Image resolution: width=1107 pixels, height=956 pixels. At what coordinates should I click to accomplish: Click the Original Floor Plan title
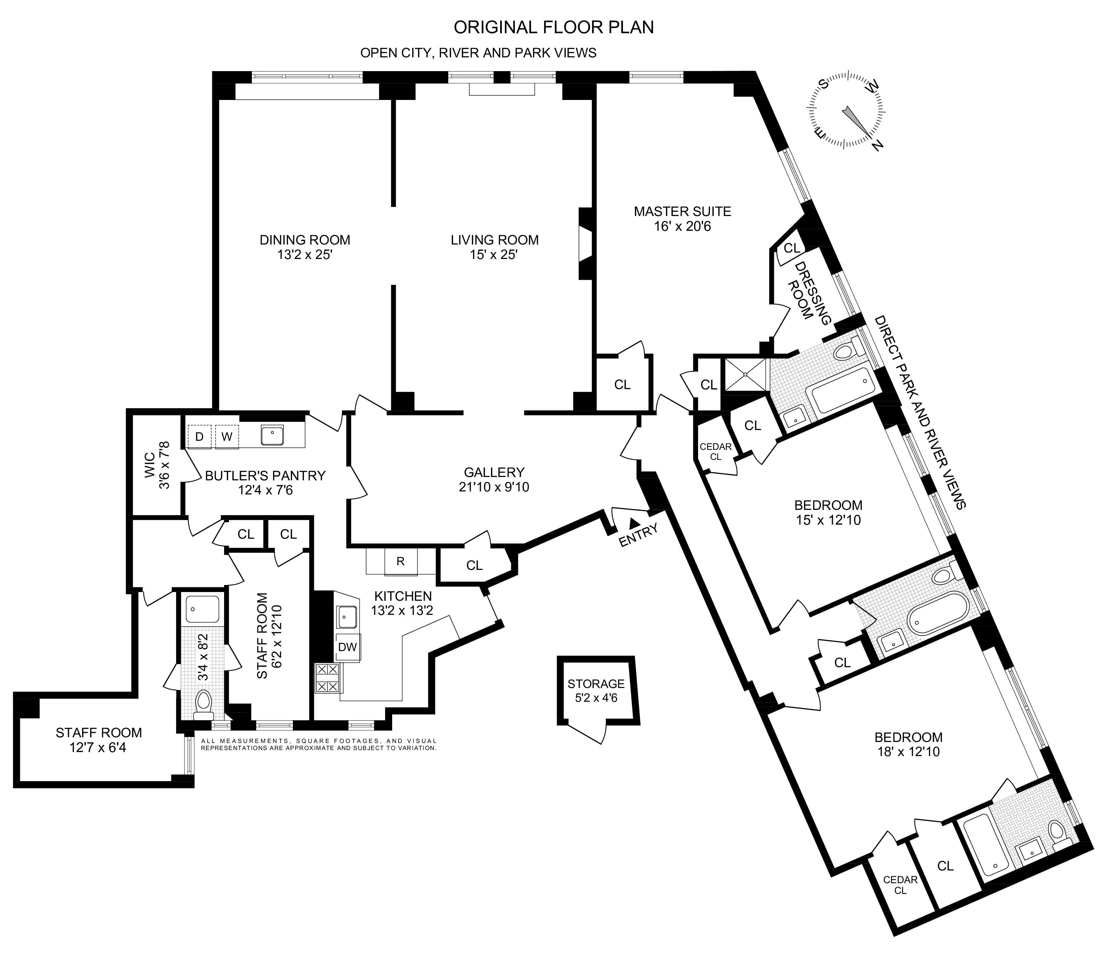pos(553,27)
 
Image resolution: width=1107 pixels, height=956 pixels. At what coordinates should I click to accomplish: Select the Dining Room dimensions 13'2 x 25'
pos(305,255)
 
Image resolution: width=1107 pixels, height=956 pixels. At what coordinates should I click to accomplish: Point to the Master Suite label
pos(682,211)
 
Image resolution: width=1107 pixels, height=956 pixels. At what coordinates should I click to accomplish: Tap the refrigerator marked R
pos(400,562)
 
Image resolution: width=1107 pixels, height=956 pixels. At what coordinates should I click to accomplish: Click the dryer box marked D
pos(199,437)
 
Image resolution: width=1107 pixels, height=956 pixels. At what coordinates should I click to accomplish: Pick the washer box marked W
pos(226,437)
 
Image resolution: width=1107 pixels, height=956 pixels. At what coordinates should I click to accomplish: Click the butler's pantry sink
pos(272,435)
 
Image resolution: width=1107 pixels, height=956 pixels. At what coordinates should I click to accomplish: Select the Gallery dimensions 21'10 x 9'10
pos(494,487)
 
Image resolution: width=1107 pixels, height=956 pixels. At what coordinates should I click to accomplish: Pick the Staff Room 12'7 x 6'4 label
pos(99,740)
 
